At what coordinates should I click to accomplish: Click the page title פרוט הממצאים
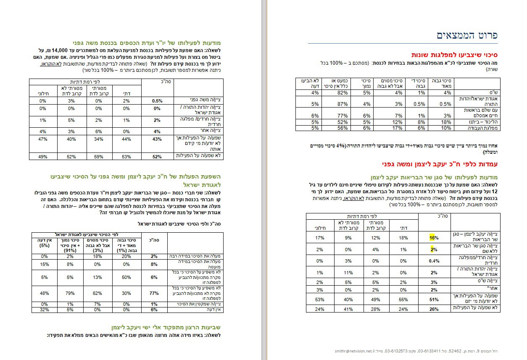[x=467, y=35]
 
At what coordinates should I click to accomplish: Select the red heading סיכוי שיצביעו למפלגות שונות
[x=455, y=55]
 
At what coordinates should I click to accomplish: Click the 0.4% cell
[x=432, y=260]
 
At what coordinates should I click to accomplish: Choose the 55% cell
[x=403, y=300]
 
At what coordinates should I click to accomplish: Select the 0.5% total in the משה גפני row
[x=156, y=101]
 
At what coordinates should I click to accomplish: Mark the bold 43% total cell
[x=157, y=139]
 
